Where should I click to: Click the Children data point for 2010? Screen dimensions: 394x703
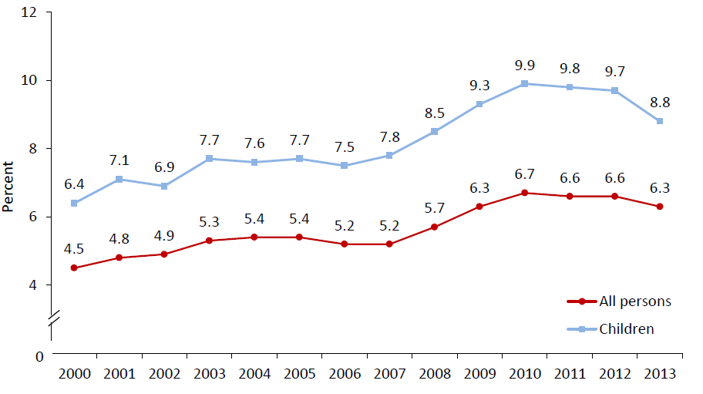[524, 83]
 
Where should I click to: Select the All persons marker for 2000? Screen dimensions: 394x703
[74, 268]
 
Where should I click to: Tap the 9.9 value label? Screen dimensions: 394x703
[524, 65]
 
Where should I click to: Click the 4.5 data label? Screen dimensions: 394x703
[74, 248]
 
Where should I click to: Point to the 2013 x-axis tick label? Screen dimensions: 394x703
[660, 373]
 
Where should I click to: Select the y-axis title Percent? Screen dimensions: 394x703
[8, 187]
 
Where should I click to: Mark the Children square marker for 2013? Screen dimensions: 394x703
[660, 121]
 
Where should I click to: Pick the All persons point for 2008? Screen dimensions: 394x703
[434, 227]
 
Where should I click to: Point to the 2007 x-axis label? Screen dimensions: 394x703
[389, 373]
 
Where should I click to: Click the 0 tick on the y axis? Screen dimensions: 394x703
[39, 355]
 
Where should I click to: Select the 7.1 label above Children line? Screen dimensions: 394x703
[119, 160]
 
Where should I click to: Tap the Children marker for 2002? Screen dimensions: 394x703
[164, 186]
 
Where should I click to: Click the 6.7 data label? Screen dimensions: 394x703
[524, 174]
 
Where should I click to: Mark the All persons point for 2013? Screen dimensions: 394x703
[660, 207]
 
